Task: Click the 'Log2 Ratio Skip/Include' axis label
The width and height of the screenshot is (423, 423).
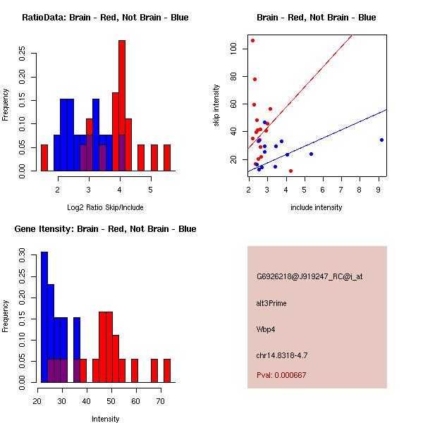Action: tap(105, 207)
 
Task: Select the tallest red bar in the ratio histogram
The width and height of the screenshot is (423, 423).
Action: tap(122, 106)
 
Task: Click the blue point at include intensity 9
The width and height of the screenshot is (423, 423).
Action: tap(381, 140)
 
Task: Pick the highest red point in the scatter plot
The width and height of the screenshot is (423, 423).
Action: tap(252, 40)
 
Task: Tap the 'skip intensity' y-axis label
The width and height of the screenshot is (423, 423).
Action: tap(216, 106)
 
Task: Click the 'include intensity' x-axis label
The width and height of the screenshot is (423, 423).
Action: tap(317, 207)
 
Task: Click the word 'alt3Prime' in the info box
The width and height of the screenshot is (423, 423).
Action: tap(271, 303)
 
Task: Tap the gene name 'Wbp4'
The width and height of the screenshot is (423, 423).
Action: tap(266, 329)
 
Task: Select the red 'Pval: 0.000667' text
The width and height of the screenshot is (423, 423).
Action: tap(281, 375)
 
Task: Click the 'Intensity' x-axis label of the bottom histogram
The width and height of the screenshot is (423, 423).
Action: tap(105, 419)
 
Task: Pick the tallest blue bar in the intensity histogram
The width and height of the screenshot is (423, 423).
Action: tap(44, 317)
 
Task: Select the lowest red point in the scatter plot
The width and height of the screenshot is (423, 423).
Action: tap(290, 171)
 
